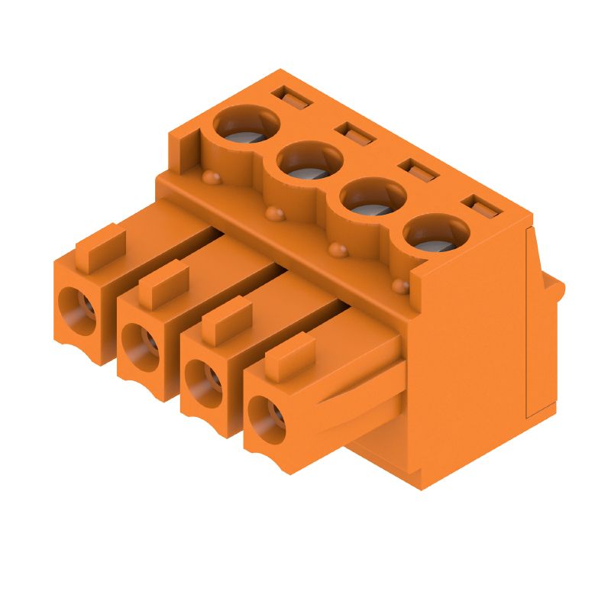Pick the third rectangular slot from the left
417,170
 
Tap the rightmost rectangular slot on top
480,206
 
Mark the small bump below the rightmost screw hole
399,286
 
